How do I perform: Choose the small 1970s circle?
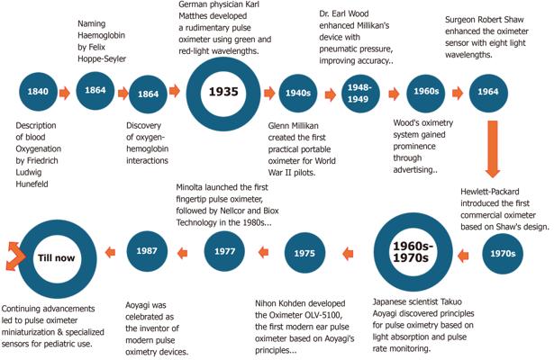503,254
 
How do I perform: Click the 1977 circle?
224,253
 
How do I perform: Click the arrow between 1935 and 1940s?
268,92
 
